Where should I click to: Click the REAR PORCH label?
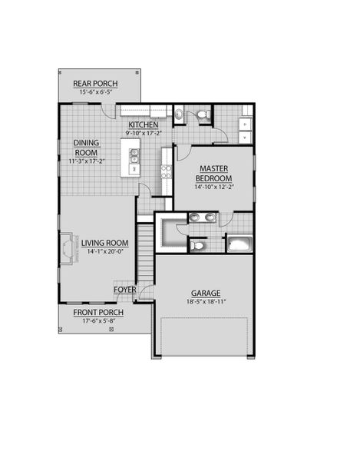point(95,84)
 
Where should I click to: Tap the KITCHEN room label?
point(144,124)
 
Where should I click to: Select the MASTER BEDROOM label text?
point(213,174)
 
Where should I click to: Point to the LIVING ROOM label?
point(105,243)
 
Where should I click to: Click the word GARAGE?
point(206,294)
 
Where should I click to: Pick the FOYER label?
point(125,290)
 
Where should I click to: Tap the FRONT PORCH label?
point(98,313)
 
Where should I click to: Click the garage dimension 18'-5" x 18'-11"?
point(206,301)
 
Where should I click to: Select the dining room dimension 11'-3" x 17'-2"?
point(87,161)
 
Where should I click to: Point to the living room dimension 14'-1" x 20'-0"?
point(105,251)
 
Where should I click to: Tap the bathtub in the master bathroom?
point(240,244)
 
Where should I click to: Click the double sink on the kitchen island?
point(134,156)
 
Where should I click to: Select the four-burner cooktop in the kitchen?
point(167,171)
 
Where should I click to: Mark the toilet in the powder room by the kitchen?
point(203,114)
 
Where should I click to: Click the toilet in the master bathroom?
point(197,246)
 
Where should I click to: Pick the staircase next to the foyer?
point(146,252)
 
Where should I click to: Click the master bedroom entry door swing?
point(183,153)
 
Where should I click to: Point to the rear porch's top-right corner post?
point(137,71)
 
